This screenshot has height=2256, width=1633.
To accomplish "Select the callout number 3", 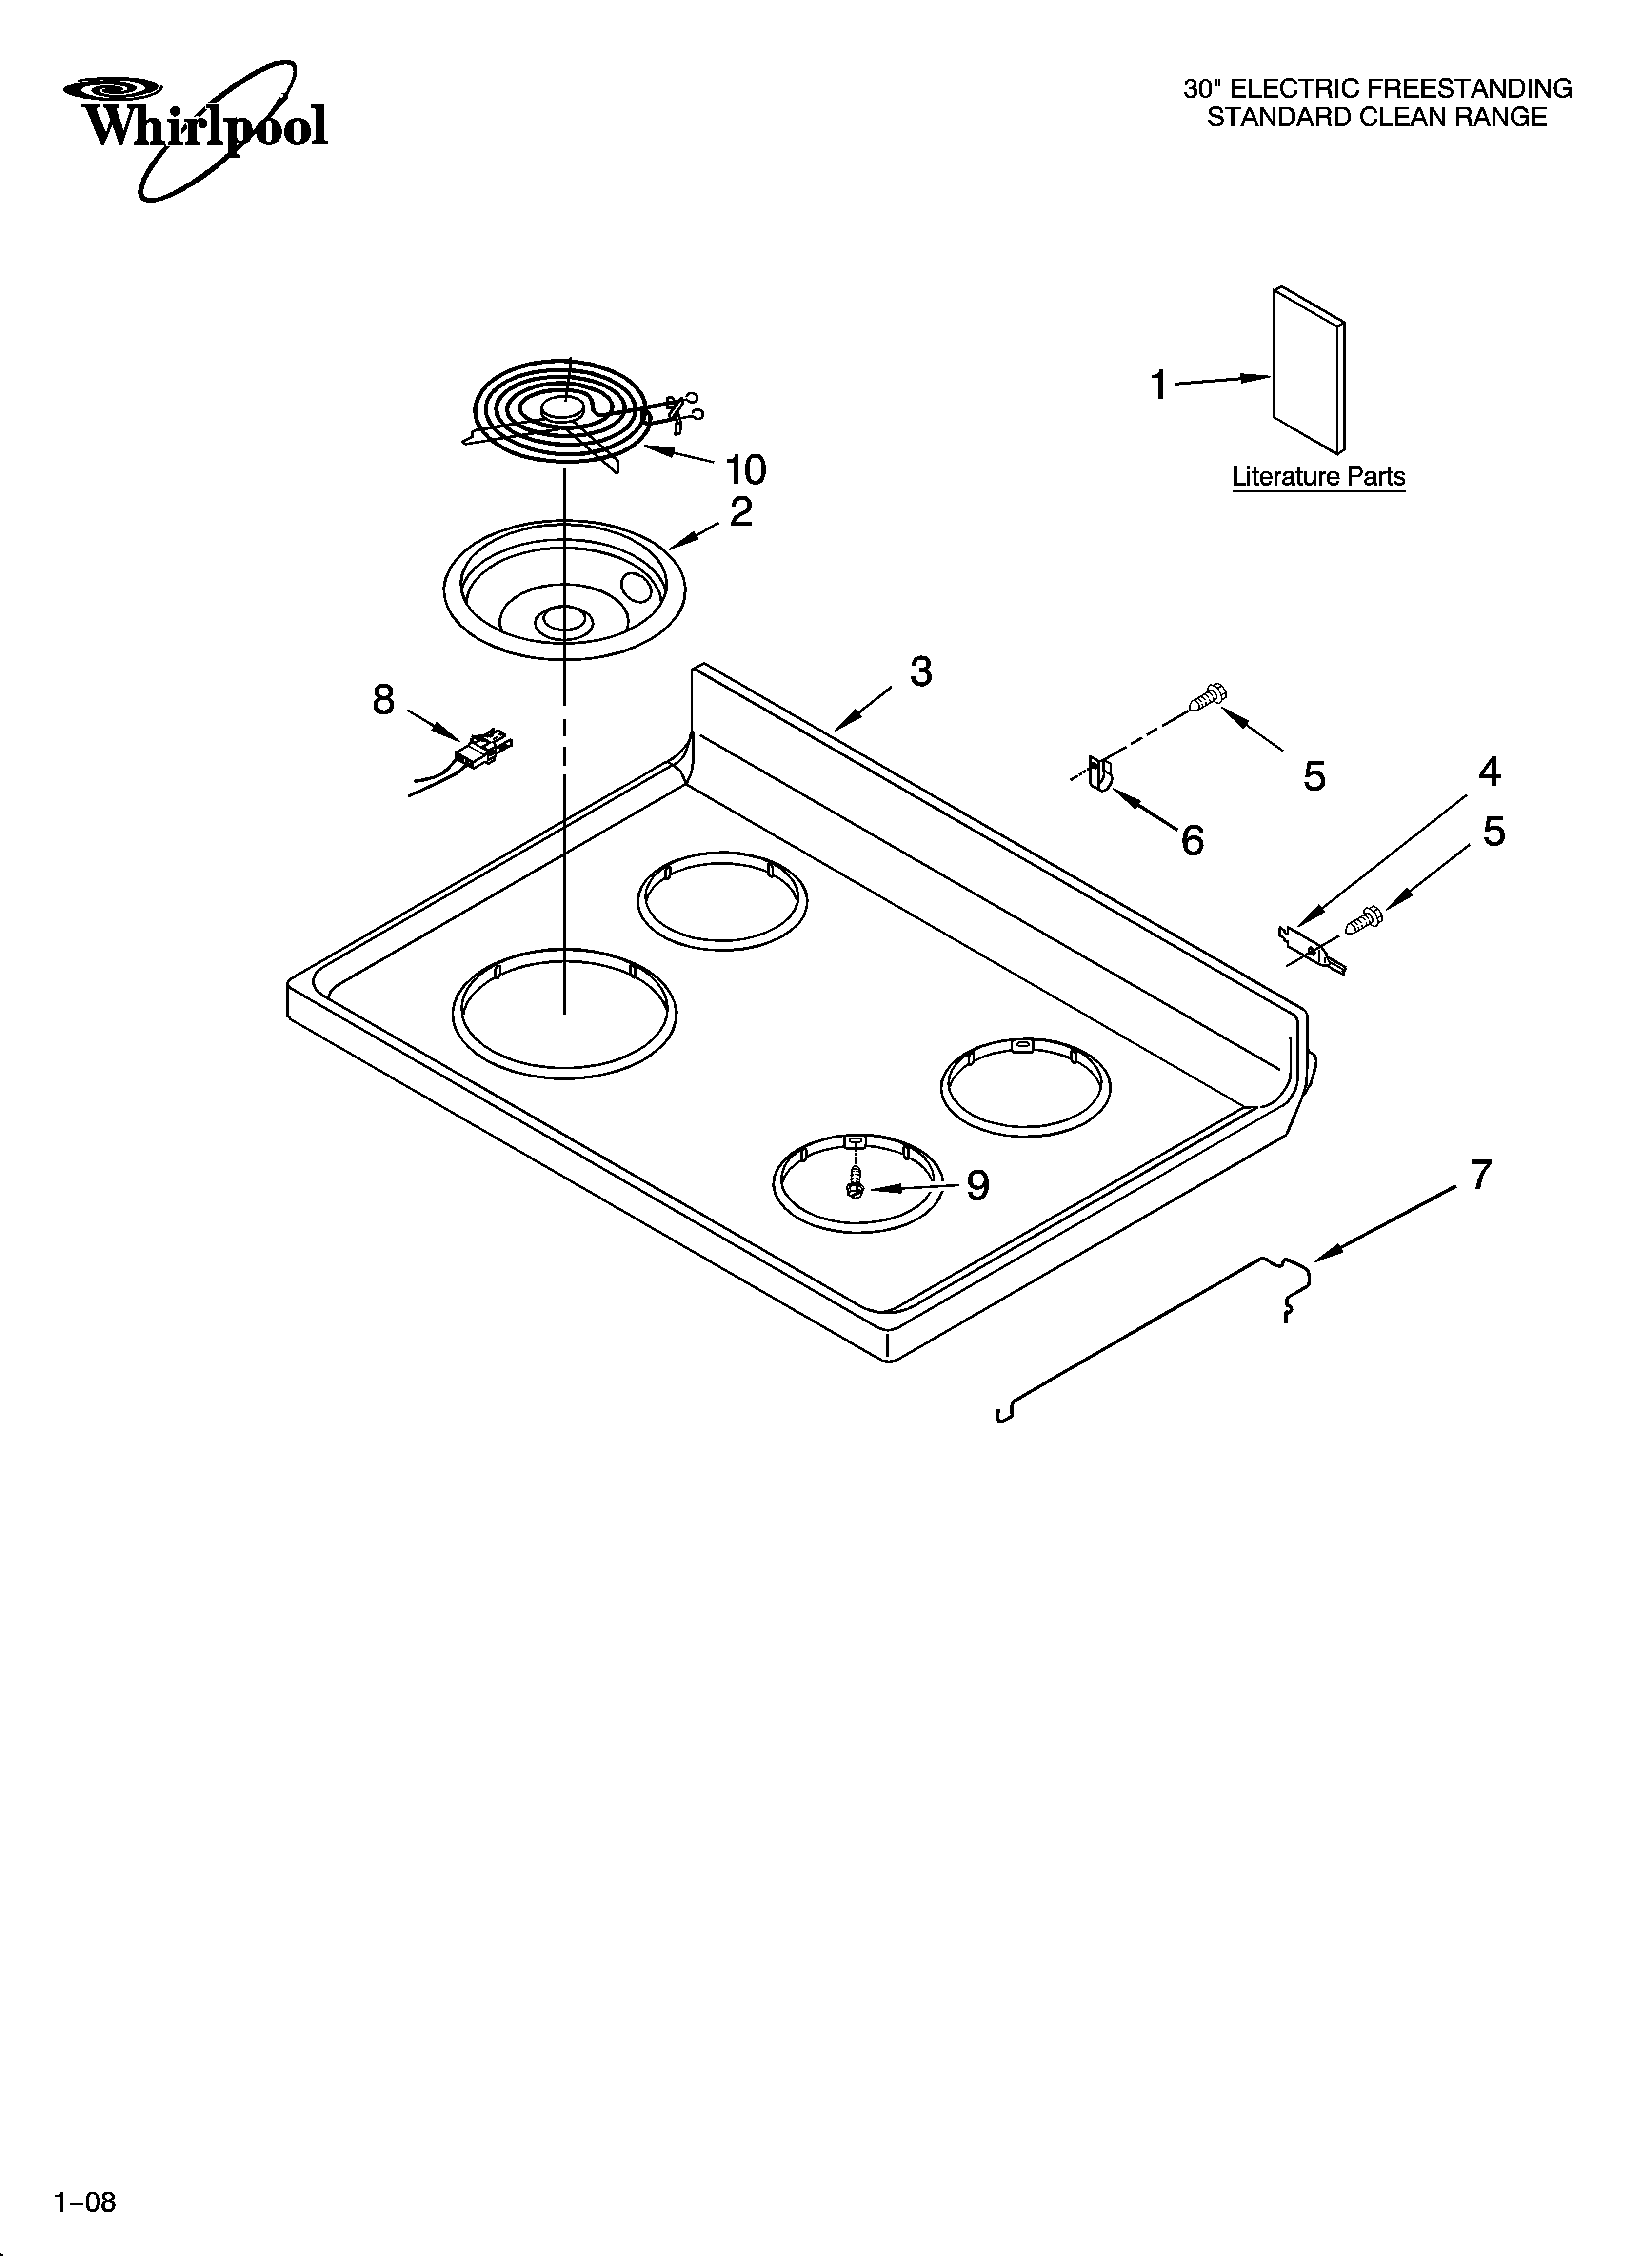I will pyautogui.click(x=921, y=672).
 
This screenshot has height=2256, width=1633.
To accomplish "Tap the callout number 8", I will pyautogui.click(x=384, y=700).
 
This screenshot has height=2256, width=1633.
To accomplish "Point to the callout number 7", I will pyautogui.click(x=1481, y=1176).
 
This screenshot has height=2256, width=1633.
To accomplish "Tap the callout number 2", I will pyautogui.click(x=741, y=512).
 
